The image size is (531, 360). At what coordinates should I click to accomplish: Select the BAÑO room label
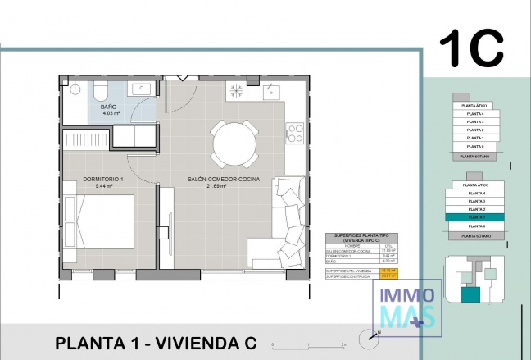point(109,107)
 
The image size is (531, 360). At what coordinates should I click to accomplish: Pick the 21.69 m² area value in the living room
point(216,186)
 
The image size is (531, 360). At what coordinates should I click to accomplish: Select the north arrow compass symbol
point(374,334)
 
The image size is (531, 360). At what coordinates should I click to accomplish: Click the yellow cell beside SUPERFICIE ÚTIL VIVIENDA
point(387,269)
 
